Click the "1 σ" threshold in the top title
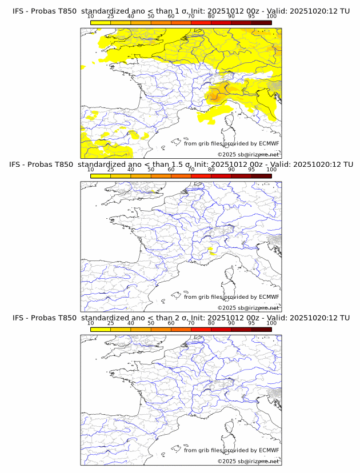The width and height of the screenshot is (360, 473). (x=182, y=11)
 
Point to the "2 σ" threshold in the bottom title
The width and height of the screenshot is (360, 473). (x=182, y=318)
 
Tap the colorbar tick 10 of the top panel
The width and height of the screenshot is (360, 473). (x=90, y=16)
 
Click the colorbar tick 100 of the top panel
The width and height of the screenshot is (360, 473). (x=271, y=16)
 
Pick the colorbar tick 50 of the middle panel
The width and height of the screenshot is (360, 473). (x=151, y=170)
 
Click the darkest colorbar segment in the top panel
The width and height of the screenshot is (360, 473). (x=261, y=22)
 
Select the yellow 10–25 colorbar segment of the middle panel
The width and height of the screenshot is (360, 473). (x=101, y=176)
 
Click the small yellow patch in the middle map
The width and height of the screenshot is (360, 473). (x=212, y=248)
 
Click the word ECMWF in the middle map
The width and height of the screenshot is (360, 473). (x=269, y=296)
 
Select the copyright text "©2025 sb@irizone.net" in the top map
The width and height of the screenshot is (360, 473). (x=248, y=155)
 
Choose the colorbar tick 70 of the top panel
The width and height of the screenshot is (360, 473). (x=191, y=16)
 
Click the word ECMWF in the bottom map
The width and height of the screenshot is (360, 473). (x=269, y=450)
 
